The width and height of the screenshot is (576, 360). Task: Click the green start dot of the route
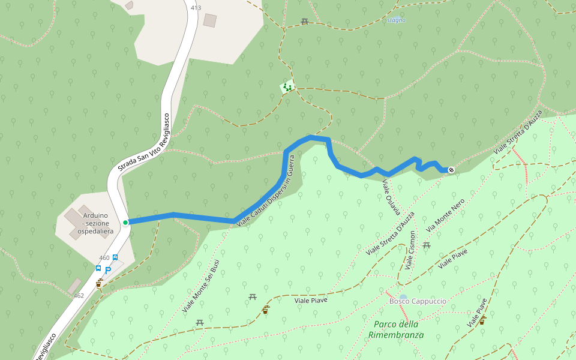click(125, 223)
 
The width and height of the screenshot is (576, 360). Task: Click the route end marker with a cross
click(451, 170)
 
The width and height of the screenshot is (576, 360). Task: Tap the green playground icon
click(288, 88)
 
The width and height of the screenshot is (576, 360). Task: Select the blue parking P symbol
click(108, 270)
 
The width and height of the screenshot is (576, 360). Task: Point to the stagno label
click(396, 20)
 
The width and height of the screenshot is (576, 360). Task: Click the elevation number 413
click(196, 8)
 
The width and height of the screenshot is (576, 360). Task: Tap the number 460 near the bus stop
click(104, 258)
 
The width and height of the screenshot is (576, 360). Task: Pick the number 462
click(79, 296)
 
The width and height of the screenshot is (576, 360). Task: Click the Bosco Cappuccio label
click(418, 301)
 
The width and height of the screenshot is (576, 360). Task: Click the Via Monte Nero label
click(446, 216)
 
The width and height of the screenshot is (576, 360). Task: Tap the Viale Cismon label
click(410, 250)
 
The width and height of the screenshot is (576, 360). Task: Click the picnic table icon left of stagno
click(305, 22)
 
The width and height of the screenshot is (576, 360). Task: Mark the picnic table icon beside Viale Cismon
click(427, 245)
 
